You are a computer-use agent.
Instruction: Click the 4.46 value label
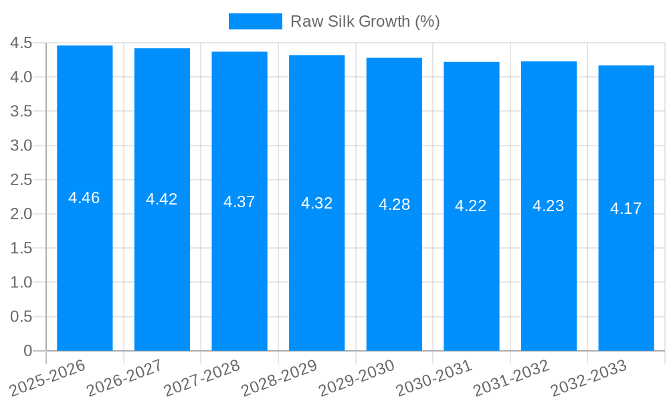click(x=84, y=198)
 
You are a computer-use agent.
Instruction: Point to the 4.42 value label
click(x=162, y=199)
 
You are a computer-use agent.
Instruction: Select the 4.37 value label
click(x=240, y=202)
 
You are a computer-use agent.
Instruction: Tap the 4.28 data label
click(x=394, y=205)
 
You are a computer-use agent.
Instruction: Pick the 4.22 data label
click(x=471, y=206)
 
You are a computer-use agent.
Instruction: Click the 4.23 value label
click(x=549, y=206)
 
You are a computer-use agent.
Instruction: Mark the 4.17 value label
click(x=626, y=209)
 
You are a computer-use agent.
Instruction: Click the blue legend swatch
click(x=255, y=21)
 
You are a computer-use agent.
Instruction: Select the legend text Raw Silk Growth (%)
click(x=365, y=21)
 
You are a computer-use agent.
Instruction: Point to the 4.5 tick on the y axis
click(x=21, y=43)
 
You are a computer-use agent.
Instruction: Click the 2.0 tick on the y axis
click(x=21, y=214)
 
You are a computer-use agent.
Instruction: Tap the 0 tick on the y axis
click(x=27, y=351)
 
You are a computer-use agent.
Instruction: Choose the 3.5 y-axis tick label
click(x=21, y=112)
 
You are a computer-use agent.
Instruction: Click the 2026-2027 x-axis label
click(x=126, y=378)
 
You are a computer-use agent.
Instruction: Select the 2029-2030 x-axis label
click(x=357, y=378)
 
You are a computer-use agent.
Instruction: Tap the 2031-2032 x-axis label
click(x=512, y=378)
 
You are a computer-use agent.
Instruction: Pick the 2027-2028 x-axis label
click(x=203, y=378)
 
